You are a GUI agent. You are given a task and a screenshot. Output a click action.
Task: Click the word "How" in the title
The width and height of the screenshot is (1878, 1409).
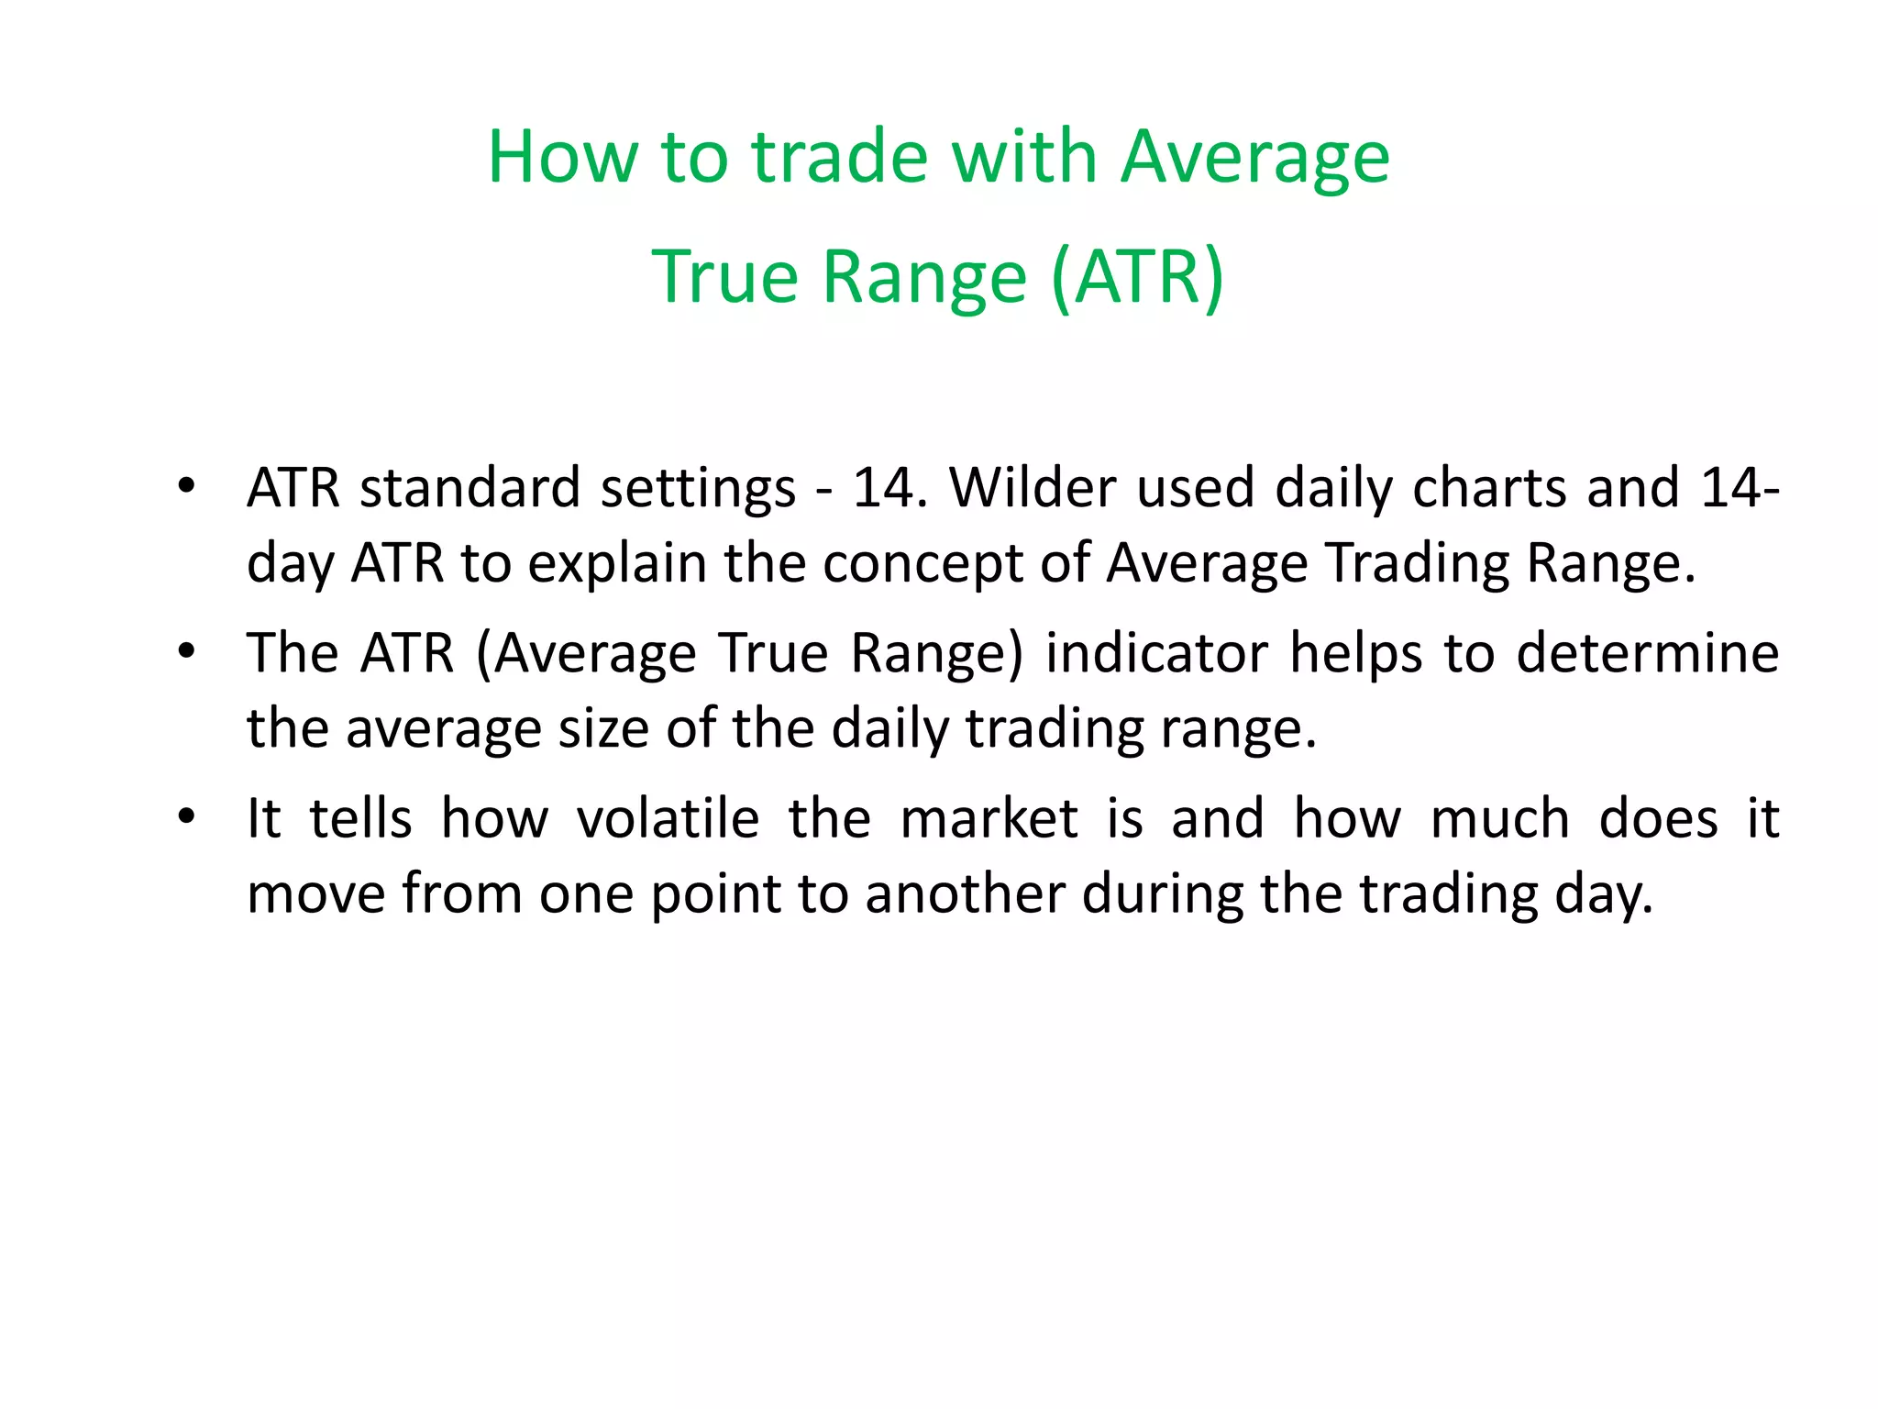(x=561, y=157)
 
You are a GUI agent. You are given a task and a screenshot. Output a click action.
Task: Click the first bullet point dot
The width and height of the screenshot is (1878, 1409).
(x=187, y=486)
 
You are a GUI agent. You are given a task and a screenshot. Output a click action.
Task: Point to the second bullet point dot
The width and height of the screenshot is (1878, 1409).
(x=187, y=652)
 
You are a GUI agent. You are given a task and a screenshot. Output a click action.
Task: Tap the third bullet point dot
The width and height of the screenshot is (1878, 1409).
(x=187, y=817)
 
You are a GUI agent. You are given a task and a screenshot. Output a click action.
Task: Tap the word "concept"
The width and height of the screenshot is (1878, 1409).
(x=922, y=562)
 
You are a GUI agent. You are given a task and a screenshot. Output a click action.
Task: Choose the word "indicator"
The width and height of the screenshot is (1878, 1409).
(x=1157, y=653)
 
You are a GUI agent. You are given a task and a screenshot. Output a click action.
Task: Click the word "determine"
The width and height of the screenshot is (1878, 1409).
(x=1647, y=653)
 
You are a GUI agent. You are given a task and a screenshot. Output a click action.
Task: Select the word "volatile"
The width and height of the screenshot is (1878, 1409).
(x=668, y=818)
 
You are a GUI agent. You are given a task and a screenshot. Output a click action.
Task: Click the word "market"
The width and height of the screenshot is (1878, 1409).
(x=989, y=818)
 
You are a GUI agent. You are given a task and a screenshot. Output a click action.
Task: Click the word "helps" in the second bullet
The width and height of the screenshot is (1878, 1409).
(x=1357, y=653)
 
